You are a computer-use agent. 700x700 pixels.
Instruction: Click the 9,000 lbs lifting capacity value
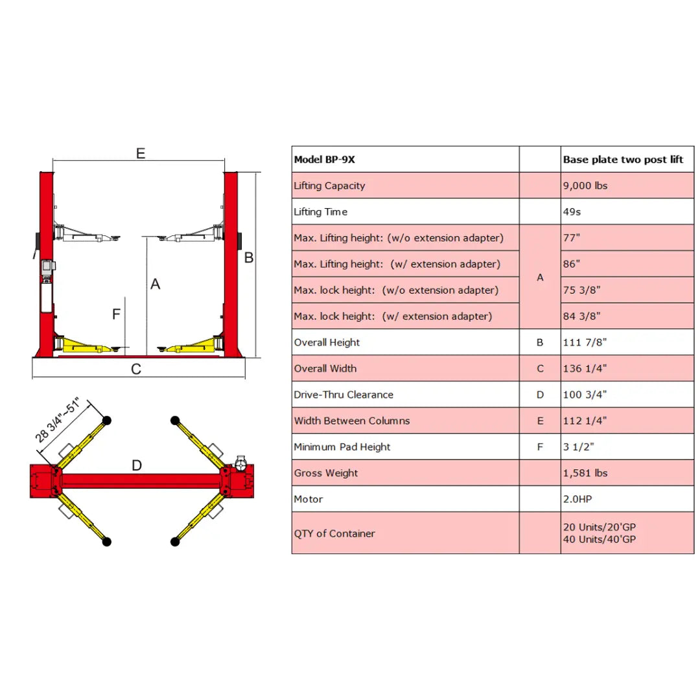coord(585,186)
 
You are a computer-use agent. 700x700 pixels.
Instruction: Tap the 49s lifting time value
coord(572,211)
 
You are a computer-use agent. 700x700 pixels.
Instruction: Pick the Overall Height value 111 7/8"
coord(585,342)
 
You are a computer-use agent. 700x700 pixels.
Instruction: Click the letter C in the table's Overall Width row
coord(540,369)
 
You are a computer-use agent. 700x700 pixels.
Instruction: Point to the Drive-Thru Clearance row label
coord(344,395)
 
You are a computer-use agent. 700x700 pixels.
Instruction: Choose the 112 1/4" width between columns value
coord(585,421)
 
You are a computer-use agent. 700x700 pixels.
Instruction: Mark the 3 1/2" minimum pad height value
coord(578,447)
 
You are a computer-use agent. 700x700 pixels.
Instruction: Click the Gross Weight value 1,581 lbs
coord(585,473)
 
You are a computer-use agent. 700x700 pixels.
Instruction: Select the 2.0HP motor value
coord(577,499)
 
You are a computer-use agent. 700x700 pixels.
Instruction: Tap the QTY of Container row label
coord(334,533)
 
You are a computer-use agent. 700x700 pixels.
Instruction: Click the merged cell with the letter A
coord(540,277)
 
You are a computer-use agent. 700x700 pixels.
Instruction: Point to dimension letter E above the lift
coord(141,154)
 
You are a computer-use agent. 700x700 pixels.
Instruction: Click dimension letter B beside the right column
coord(249,257)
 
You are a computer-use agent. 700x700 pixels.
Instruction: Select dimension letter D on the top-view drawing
coord(137,465)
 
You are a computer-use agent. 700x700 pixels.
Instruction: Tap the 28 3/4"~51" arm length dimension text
coord(58,419)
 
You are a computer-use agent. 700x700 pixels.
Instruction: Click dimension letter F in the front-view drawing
coord(117,314)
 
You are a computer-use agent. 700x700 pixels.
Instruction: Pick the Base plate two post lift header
coord(623,159)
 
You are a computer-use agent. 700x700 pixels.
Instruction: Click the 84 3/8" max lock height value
coord(581,316)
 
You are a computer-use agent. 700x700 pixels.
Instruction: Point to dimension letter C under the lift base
coord(136,369)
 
